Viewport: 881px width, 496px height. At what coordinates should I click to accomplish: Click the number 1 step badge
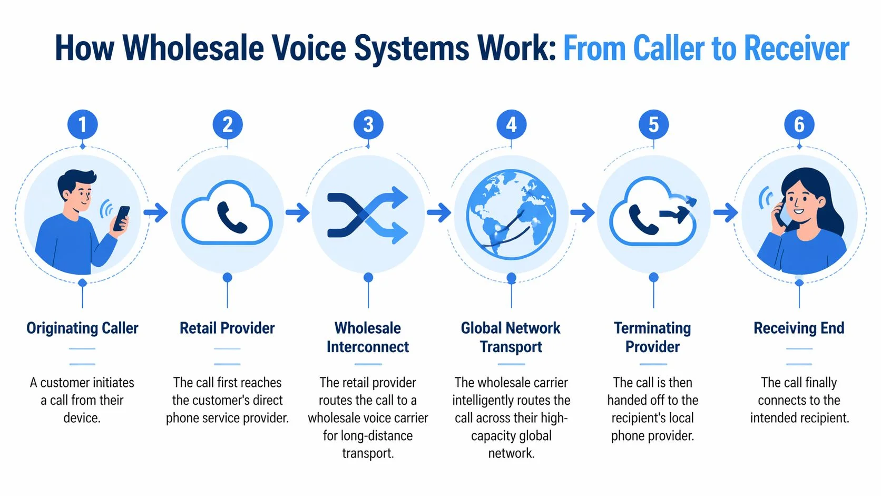tap(82, 125)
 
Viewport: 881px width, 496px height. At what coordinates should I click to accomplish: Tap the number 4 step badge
tap(511, 125)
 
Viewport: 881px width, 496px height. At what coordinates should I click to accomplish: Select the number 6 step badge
tap(799, 125)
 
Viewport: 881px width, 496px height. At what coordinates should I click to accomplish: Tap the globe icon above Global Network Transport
tap(511, 214)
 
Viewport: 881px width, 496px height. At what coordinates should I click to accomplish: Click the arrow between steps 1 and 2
tap(155, 213)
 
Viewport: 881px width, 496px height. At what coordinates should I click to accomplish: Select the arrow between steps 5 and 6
tap(726, 213)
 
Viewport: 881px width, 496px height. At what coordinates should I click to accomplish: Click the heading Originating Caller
tap(82, 328)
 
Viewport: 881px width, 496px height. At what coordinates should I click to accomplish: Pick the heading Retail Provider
tap(227, 328)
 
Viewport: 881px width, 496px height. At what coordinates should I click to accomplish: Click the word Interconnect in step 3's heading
tap(368, 347)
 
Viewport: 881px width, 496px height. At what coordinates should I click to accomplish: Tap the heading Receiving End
tap(799, 328)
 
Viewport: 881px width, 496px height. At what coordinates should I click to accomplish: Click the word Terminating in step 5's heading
tap(652, 328)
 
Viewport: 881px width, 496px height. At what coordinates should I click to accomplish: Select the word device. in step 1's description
tap(82, 418)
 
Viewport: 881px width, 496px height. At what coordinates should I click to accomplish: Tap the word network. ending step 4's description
tap(511, 453)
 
